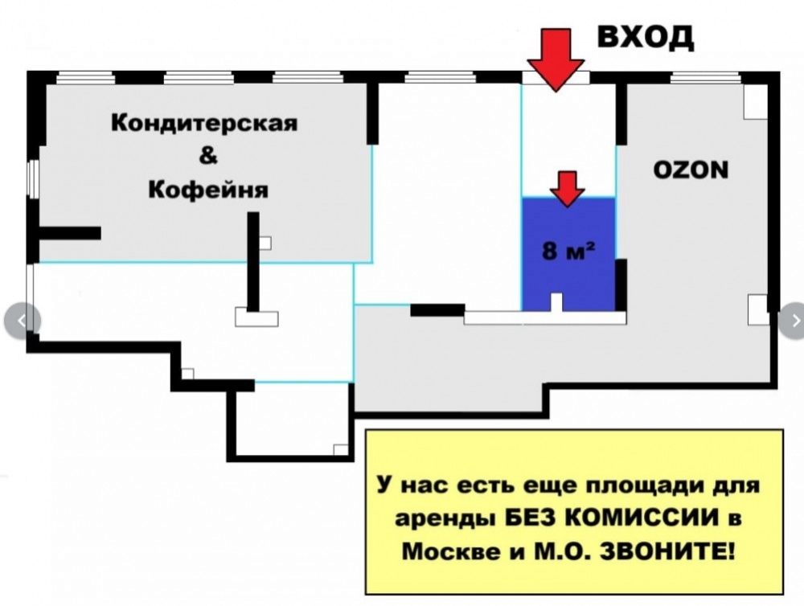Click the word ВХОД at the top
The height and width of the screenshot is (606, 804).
pyautogui.click(x=645, y=37)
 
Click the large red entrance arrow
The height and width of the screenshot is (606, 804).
pyautogui.click(x=556, y=60)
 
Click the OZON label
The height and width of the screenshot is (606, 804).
pyautogui.click(x=691, y=170)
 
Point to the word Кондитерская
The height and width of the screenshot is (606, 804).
pyautogui.click(x=204, y=124)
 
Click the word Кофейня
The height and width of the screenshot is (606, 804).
pyautogui.click(x=208, y=190)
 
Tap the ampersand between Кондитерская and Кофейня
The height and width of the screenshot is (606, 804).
pyautogui.click(x=207, y=157)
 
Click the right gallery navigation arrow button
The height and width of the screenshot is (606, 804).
pyautogui.click(x=793, y=320)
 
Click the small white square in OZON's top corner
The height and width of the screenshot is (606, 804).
pyautogui.click(x=755, y=100)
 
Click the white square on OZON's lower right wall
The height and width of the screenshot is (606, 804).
pyautogui.click(x=757, y=309)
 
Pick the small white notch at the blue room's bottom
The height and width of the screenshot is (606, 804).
pyautogui.click(x=556, y=302)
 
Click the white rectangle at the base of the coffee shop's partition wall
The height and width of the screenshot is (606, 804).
pyautogui.click(x=256, y=317)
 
